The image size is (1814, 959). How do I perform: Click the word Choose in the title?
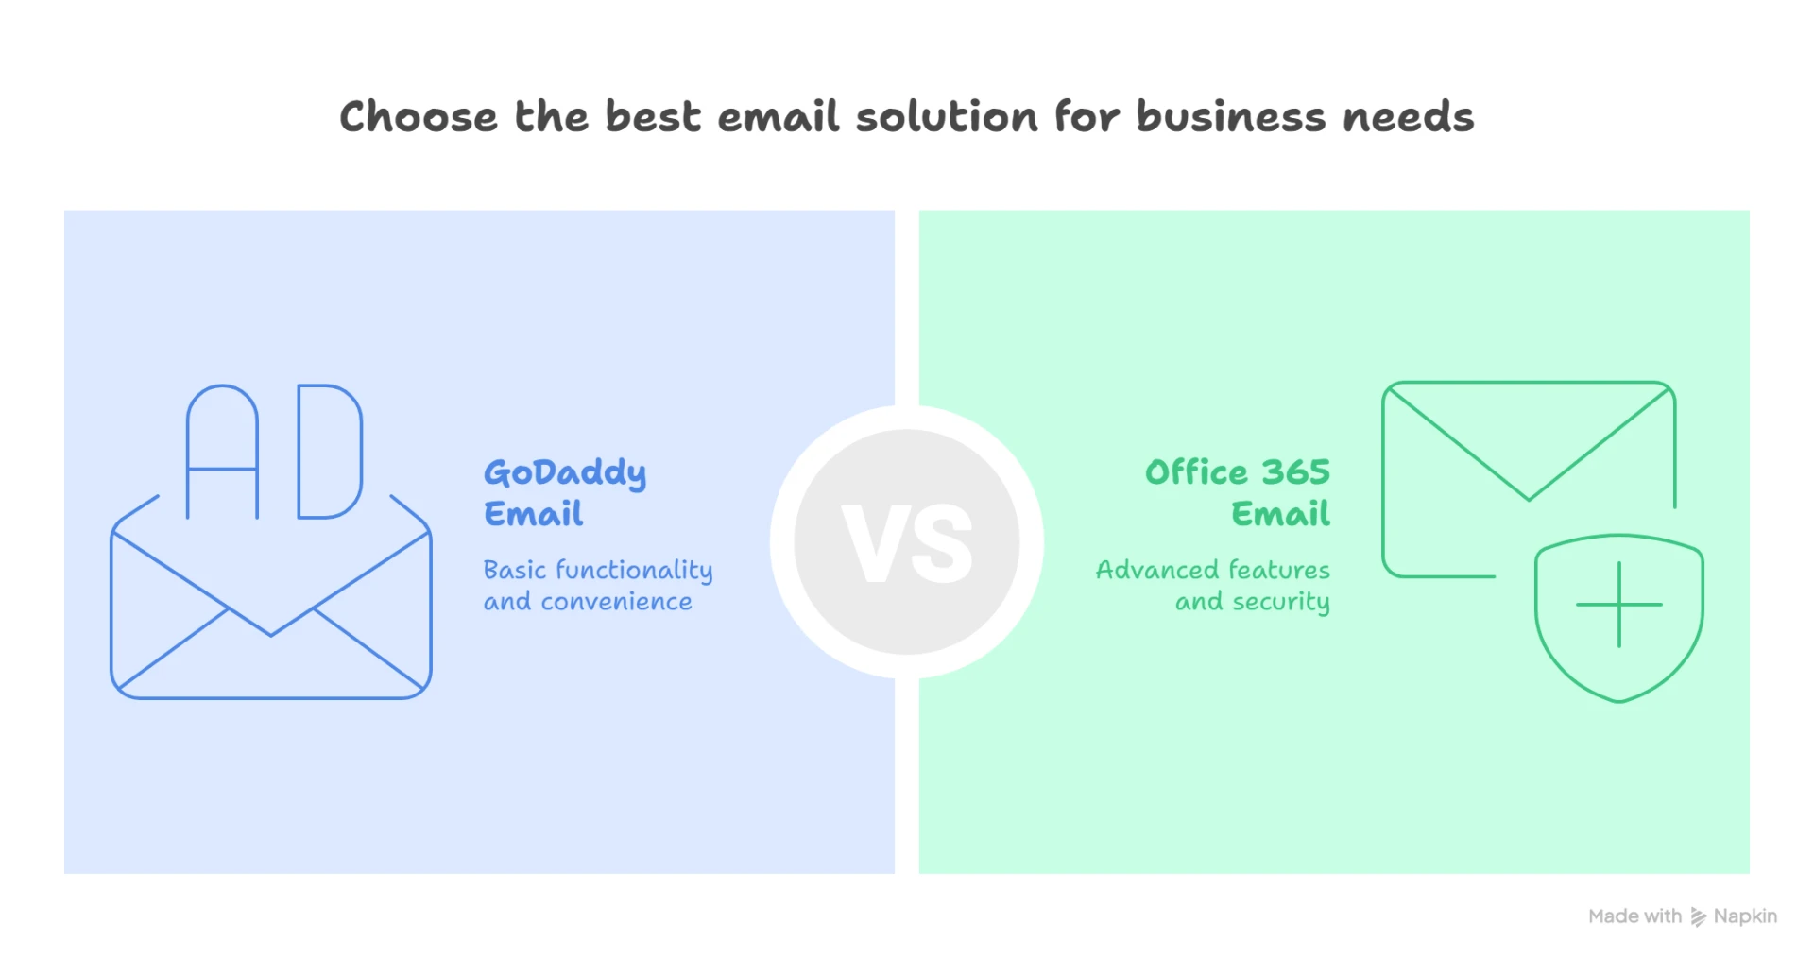click(x=418, y=117)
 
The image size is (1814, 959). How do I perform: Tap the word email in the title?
click(x=778, y=117)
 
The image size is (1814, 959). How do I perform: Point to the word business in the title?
click(x=1230, y=117)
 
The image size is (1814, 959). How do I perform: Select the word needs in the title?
click(x=1408, y=117)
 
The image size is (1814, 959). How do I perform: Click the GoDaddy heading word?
click(x=565, y=472)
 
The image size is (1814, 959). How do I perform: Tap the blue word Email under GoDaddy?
click(x=534, y=514)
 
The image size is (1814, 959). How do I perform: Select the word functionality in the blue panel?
click(x=634, y=571)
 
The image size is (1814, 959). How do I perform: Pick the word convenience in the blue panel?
click(x=616, y=602)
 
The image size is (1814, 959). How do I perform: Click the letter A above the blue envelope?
click(x=223, y=452)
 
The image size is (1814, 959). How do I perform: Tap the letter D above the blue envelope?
click(x=329, y=452)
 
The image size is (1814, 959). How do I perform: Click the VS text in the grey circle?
click(x=907, y=543)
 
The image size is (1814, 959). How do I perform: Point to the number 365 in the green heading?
click(x=1295, y=471)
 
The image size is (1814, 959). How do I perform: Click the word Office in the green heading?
click(x=1196, y=471)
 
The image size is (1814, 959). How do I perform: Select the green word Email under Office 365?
click(x=1280, y=514)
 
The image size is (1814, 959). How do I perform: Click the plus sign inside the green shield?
click(x=1618, y=605)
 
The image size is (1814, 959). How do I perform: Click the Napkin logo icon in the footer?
click(x=1698, y=916)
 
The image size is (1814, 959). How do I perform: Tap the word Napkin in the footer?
click(x=1745, y=916)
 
